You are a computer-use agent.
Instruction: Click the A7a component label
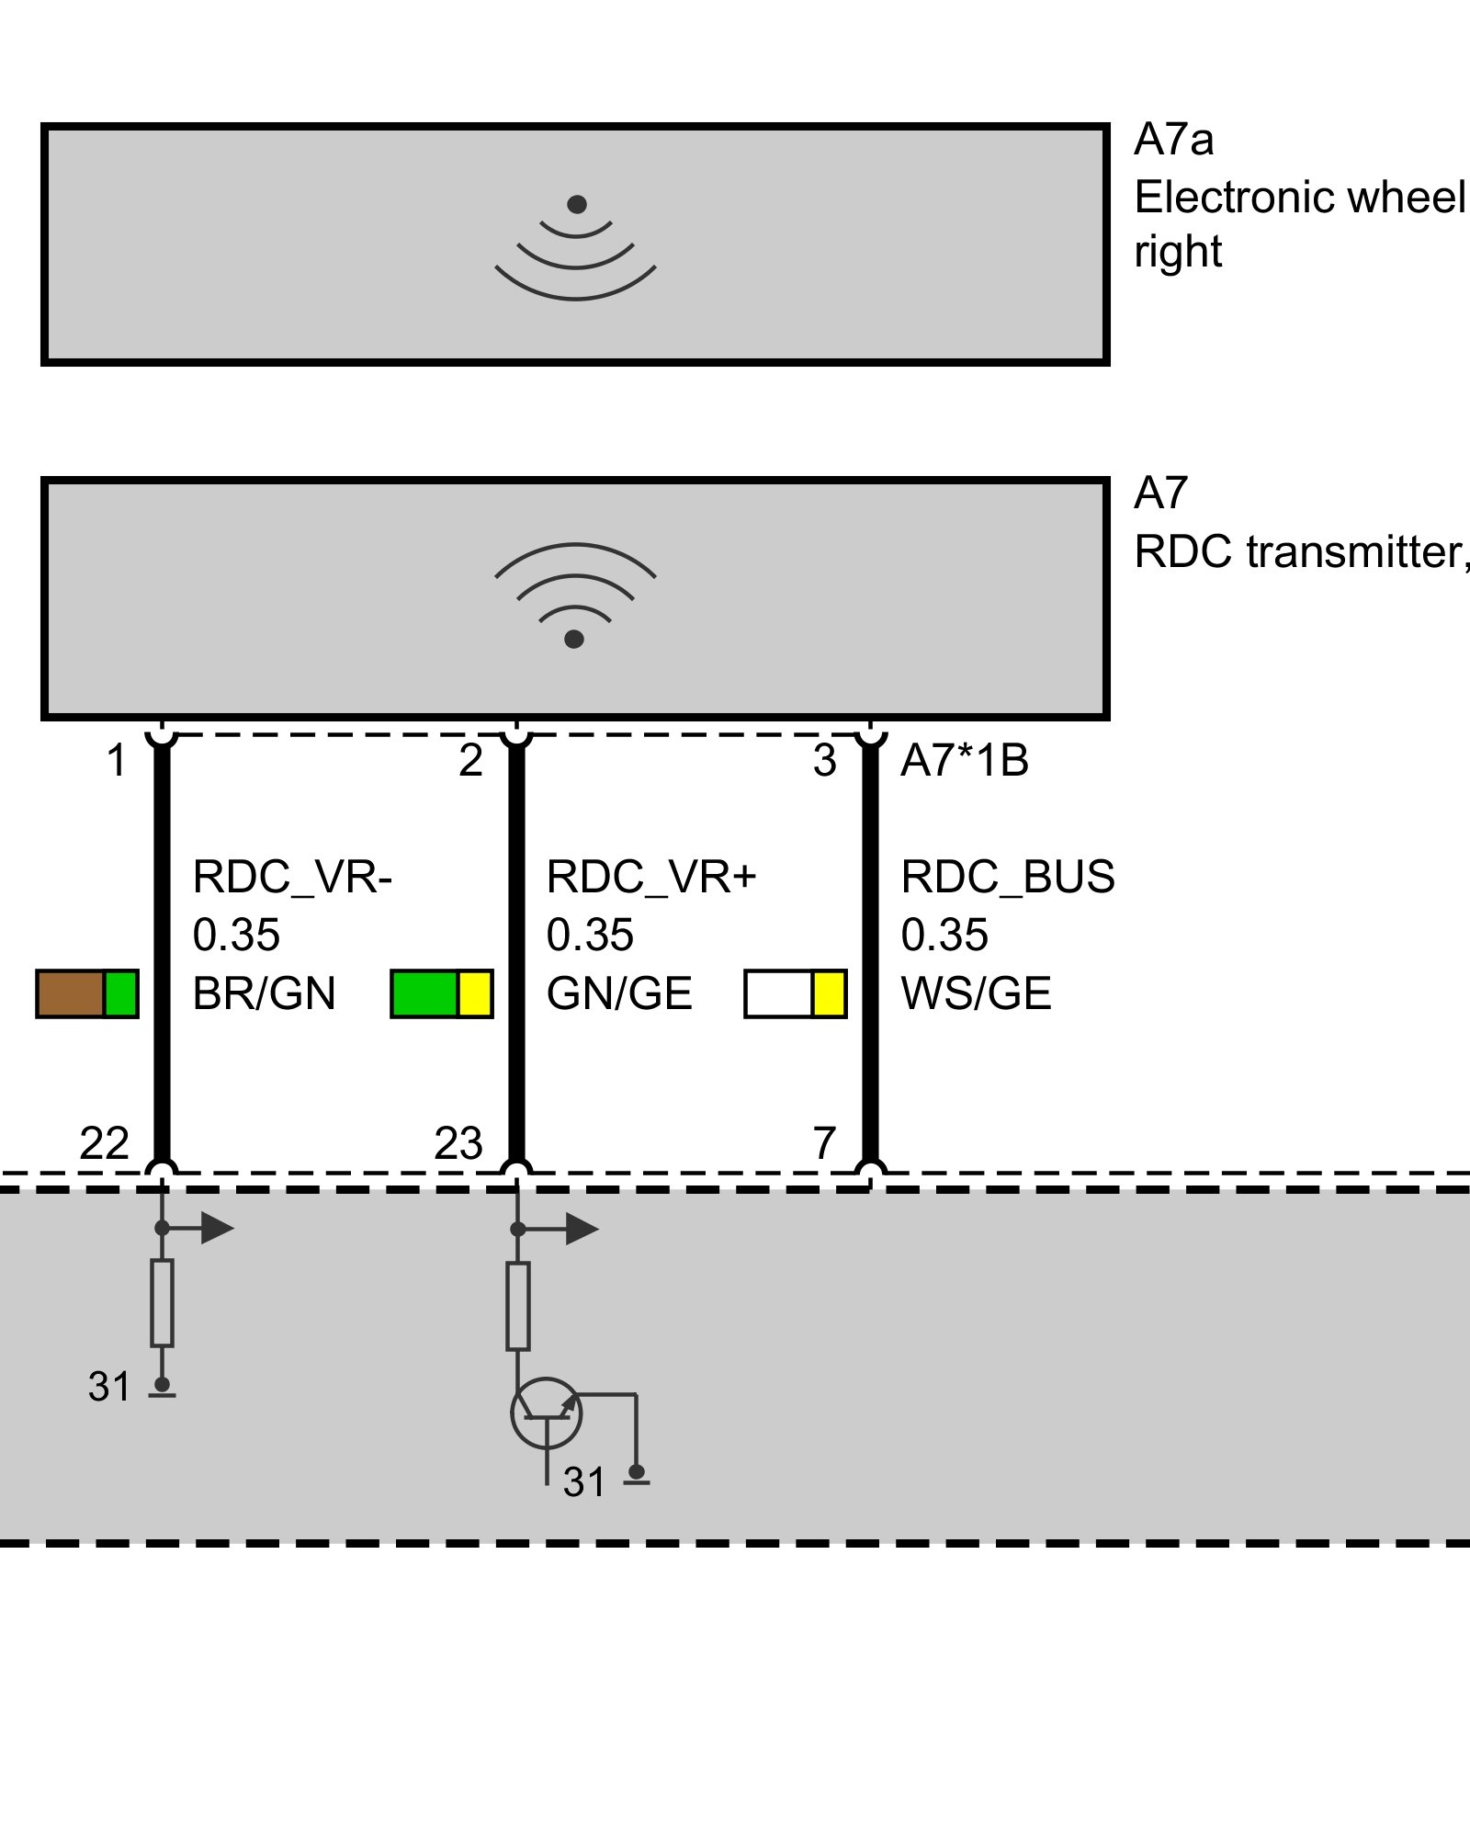point(1173,141)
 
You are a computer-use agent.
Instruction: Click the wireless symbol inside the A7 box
point(575,594)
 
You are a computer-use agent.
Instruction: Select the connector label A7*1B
point(964,761)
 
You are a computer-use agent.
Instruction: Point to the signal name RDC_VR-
point(292,877)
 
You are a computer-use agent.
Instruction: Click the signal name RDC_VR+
point(650,877)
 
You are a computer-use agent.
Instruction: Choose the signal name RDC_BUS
point(1008,877)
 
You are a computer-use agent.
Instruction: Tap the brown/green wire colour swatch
point(87,993)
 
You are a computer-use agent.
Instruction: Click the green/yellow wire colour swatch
point(442,993)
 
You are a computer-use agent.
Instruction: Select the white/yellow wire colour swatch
point(795,993)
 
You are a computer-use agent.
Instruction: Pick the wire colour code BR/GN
point(264,994)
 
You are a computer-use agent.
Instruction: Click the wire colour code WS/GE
point(976,994)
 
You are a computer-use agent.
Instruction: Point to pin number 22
point(104,1144)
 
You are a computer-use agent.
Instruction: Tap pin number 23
point(458,1144)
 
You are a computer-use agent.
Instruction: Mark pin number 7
point(824,1144)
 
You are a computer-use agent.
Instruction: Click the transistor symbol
point(547,1413)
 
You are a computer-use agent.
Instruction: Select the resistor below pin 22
point(162,1303)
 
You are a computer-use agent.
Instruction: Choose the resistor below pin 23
point(518,1306)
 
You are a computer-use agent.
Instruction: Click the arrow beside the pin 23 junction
point(579,1229)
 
